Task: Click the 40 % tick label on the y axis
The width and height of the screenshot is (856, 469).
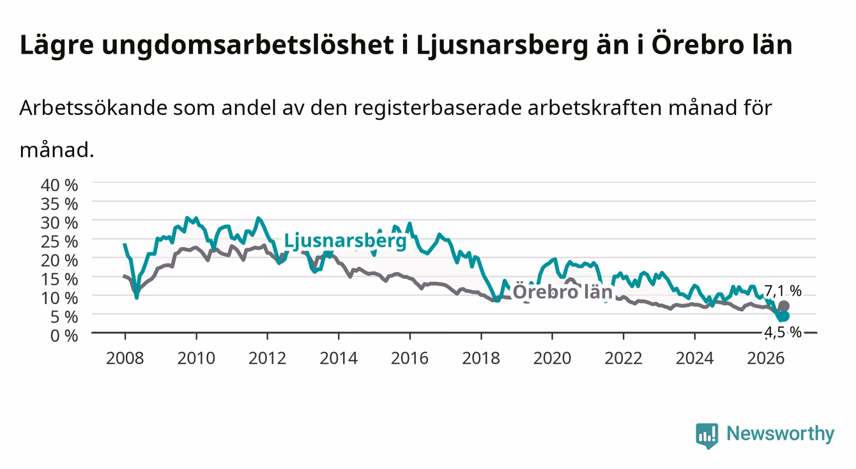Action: (59, 185)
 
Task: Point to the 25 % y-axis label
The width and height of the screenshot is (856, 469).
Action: (59, 242)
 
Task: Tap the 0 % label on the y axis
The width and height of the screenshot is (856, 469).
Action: (64, 336)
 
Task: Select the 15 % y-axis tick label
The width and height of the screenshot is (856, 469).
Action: (59, 279)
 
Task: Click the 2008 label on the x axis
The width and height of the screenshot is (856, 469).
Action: (125, 358)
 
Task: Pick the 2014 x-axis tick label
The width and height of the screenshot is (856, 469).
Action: (339, 358)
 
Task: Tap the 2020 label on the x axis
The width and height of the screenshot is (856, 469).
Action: (552, 358)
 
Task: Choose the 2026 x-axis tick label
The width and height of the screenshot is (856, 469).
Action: (766, 358)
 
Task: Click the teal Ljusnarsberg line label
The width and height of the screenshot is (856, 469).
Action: (345, 242)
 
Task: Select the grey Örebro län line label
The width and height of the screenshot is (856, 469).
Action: (563, 292)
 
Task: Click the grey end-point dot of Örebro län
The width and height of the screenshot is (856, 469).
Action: (784, 306)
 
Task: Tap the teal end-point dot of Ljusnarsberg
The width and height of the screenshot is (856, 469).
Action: (784, 316)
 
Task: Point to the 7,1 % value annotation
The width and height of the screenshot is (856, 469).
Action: (783, 291)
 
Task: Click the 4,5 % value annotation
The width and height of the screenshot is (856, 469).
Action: (783, 332)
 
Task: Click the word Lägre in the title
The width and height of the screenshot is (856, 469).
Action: (57, 45)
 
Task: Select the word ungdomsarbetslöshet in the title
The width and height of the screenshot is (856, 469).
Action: (248, 45)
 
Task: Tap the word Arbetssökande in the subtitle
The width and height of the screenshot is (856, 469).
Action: (93, 108)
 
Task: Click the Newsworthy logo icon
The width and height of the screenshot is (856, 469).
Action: (707, 435)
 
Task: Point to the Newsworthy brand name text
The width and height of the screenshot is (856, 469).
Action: (781, 434)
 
